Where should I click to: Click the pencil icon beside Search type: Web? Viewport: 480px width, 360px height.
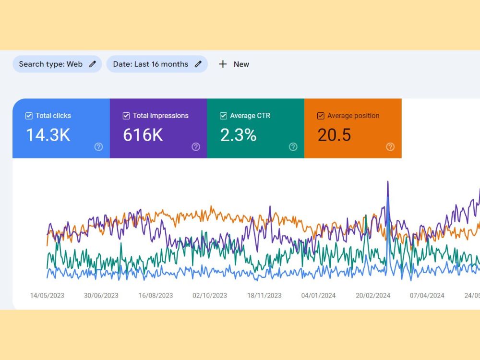93,64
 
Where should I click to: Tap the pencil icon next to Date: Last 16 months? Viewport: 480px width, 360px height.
198,64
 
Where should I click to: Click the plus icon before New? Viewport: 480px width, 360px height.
223,64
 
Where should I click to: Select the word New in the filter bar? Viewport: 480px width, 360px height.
241,64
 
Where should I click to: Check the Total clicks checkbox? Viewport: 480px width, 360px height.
29,116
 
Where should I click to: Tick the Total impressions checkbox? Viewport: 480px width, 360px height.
126,116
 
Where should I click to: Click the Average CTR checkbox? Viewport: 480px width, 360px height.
224,116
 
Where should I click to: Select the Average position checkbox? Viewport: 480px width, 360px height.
321,116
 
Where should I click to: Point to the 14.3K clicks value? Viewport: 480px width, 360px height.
48,135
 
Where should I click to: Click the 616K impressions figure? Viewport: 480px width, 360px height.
143,135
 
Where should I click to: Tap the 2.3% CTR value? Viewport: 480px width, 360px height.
238,135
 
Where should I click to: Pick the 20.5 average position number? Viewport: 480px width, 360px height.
334,135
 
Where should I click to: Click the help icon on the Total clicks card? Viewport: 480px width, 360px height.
98,147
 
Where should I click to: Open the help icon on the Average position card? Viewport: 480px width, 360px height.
390,147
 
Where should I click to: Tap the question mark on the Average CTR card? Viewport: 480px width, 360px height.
293,147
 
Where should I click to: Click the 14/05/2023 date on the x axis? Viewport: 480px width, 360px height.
47,295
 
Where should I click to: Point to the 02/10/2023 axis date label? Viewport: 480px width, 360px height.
210,295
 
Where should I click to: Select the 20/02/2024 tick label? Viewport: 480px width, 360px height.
373,295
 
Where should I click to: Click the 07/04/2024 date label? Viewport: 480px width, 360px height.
427,295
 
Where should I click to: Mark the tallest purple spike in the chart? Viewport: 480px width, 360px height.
388,182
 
